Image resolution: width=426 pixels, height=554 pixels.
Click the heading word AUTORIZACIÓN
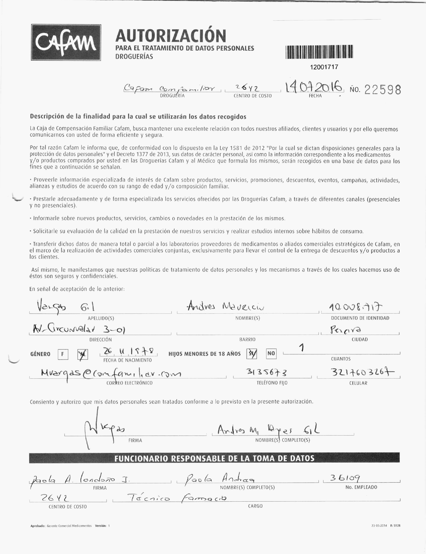pos(170,36)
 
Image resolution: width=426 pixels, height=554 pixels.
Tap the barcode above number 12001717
pos(319,52)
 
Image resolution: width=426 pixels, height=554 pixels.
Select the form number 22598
pos(382,90)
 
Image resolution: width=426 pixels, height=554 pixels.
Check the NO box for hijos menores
pos(271,353)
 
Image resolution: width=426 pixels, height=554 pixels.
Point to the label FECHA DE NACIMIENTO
pos(127,360)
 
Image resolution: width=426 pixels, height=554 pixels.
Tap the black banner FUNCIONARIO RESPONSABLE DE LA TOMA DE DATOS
pos(214,458)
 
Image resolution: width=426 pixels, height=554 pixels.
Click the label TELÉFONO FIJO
pos(272,383)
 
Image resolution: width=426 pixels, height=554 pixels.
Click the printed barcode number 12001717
pos(324,67)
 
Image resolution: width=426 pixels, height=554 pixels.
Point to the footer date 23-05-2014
pos(379,526)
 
